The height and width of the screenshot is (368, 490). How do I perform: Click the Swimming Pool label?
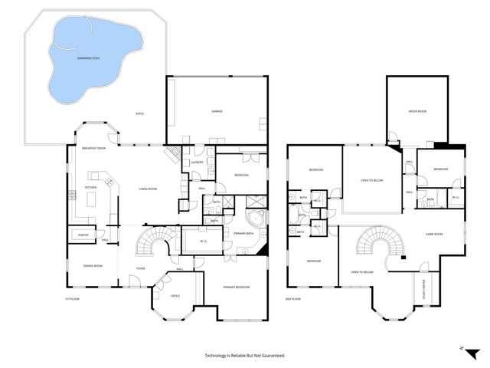point(89,58)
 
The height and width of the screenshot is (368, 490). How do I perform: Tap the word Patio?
point(139,113)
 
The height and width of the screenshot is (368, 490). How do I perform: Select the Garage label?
point(217,111)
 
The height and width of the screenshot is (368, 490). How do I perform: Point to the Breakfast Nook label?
point(93,148)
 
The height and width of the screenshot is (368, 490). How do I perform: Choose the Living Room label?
point(149,188)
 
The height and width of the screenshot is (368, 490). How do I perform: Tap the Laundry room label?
point(197,162)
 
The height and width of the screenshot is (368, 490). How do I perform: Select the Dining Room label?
point(93,267)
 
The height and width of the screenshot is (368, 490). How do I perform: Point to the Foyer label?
point(140,268)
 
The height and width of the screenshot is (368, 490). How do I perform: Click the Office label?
point(175,296)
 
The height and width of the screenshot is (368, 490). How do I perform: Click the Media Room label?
point(416,111)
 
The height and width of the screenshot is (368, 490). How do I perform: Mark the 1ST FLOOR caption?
point(72,299)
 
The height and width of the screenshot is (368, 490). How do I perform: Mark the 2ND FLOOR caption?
point(294,299)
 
